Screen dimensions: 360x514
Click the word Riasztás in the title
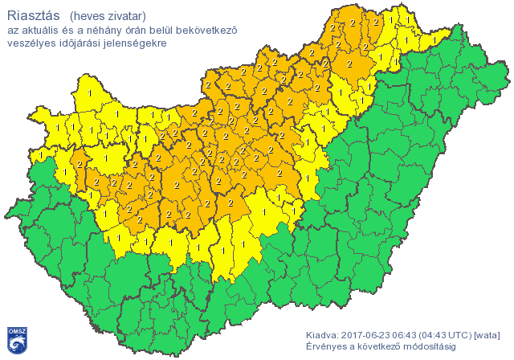click(33, 14)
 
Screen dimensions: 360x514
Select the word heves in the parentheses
click(90, 15)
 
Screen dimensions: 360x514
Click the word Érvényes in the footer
click(327, 346)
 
